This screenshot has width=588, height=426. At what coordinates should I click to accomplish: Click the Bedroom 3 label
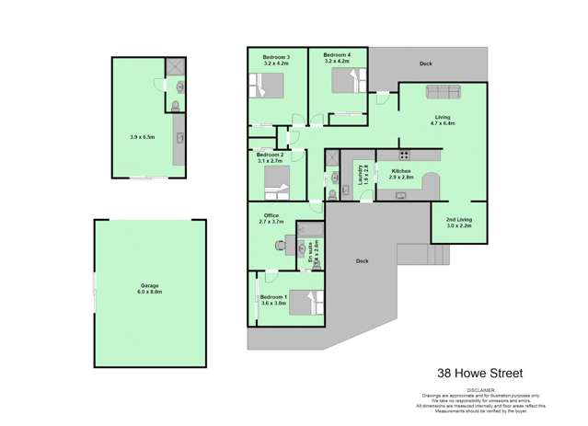276,57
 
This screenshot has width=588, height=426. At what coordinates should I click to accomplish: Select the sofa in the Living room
443,92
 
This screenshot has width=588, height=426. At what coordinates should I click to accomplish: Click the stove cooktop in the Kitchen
404,154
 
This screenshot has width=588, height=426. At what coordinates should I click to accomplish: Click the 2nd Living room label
459,222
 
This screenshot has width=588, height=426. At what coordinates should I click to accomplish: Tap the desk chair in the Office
280,245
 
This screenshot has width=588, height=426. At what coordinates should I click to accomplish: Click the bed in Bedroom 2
277,180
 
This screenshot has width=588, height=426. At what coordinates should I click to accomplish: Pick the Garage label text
151,286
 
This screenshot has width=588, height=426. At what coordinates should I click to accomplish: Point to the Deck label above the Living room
425,63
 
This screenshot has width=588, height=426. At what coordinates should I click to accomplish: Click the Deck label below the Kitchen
363,261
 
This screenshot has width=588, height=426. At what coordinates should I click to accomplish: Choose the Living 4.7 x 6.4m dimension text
443,122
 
